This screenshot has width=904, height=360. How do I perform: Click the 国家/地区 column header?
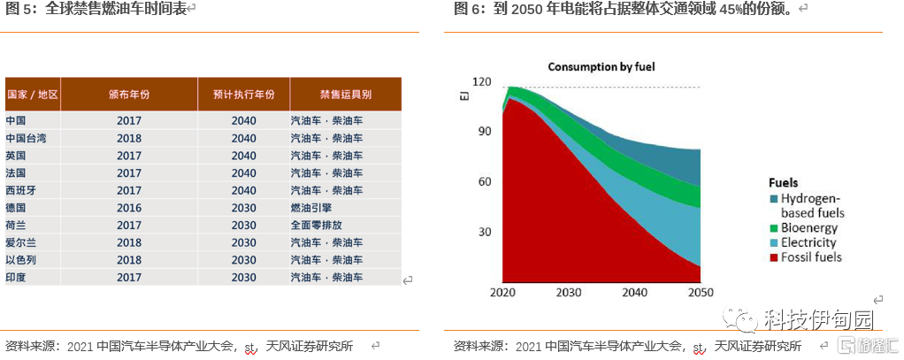(x=33, y=94)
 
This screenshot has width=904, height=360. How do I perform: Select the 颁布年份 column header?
(x=129, y=94)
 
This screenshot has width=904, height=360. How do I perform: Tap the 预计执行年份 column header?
(x=243, y=94)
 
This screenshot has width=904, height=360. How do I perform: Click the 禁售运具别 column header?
(x=345, y=94)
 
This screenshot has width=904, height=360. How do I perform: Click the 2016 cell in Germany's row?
(x=129, y=208)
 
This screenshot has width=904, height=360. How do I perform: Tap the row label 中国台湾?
(x=26, y=139)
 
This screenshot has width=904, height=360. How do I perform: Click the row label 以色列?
(x=21, y=260)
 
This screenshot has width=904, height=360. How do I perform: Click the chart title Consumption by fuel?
(x=601, y=67)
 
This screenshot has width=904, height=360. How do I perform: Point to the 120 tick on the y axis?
(x=481, y=81)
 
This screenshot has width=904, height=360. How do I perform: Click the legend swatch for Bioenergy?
(x=774, y=228)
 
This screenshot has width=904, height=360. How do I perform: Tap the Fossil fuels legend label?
(x=812, y=257)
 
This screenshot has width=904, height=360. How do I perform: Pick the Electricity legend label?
(x=808, y=242)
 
